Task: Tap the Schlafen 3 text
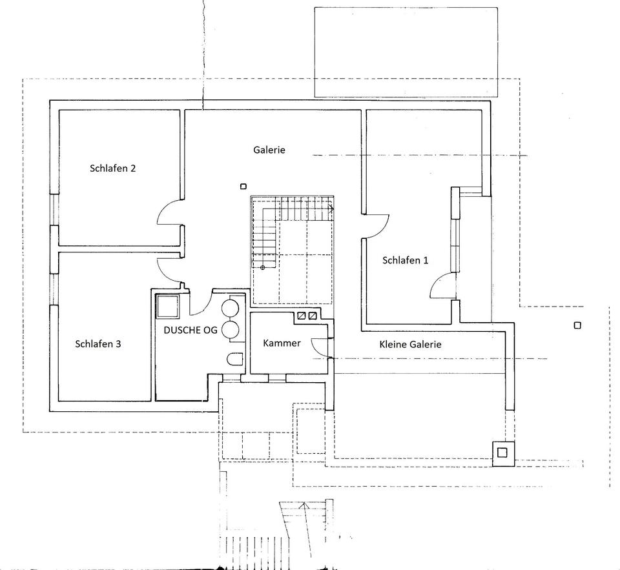pyautogui.click(x=98, y=344)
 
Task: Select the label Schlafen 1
pyautogui.click(x=405, y=261)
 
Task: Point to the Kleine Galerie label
pyautogui.click(x=410, y=345)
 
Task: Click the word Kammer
pyautogui.click(x=282, y=343)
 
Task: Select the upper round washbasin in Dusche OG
pyautogui.click(x=231, y=308)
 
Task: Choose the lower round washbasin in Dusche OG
pyautogui.click(x=231, y=330)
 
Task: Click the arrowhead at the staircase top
pyautogui.click(x=331, y=209)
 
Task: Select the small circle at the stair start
pyautogui.click(x=263, y=267)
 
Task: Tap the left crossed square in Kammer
pyautogui.click(x=302, y=316)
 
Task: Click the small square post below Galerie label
pyautogui.click(x=243, y=187)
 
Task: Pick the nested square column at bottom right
pyautogui.click(x=502, y=452)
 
